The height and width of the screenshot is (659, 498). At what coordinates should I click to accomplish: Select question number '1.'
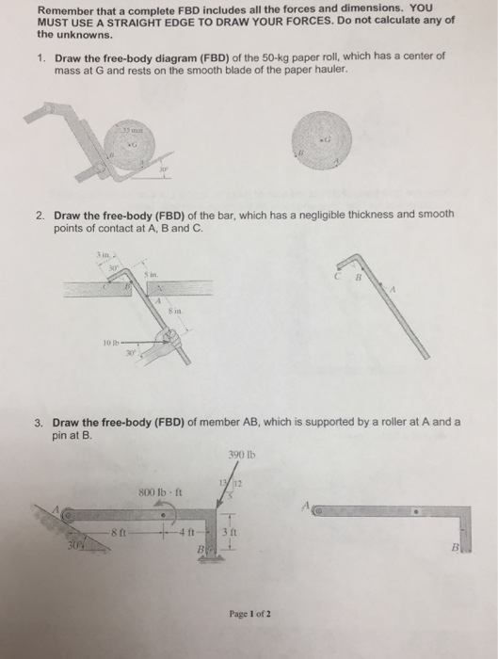[42, 57]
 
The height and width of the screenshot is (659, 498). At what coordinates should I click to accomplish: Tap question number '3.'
[42, 422]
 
